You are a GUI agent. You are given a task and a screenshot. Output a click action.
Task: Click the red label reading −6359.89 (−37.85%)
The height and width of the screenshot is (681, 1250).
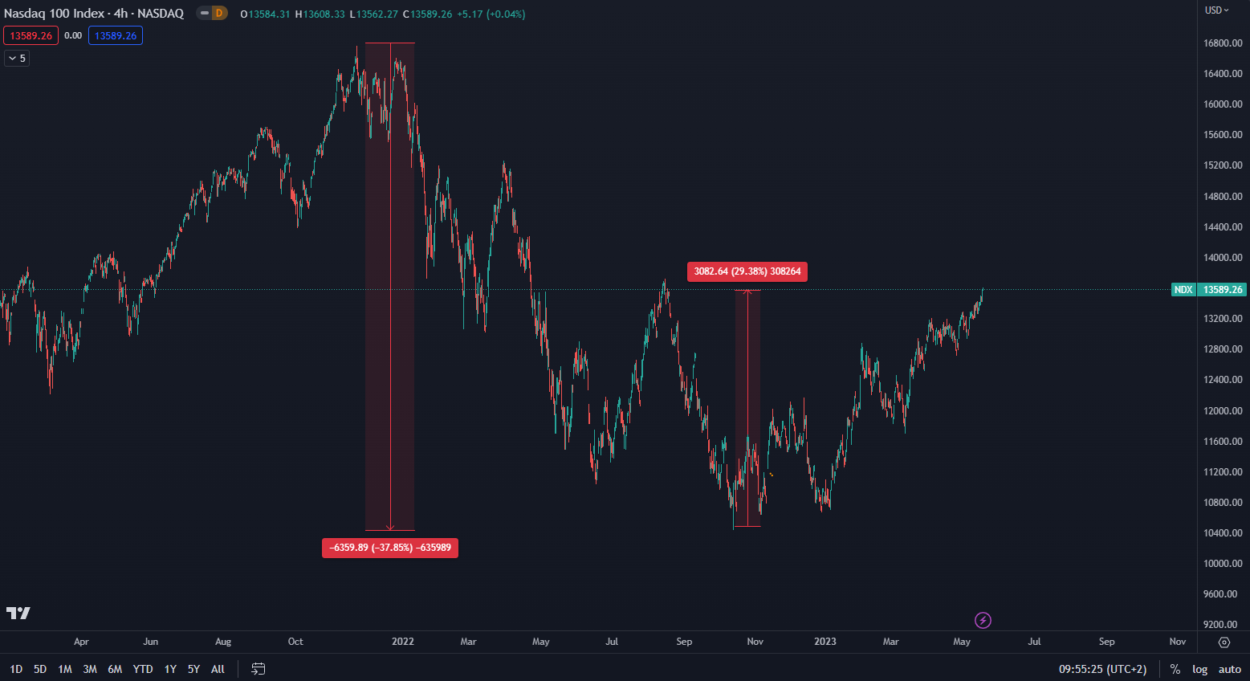[x=389, y=548]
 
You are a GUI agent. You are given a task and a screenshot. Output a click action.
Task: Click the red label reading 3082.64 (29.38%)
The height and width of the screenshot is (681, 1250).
[x=747, y=271]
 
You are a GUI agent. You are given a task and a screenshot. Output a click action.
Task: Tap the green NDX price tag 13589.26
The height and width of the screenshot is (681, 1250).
[x=1207, y=290]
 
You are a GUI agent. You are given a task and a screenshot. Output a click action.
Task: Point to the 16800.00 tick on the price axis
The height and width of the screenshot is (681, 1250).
[x=1223, y=43]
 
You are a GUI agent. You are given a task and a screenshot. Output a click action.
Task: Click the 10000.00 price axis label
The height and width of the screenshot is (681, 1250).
[x=1223, y=564]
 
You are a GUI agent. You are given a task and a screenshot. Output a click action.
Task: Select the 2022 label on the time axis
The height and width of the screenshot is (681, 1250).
[x=402, y=642]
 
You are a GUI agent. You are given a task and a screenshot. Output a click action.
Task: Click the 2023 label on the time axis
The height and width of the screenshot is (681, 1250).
[x=825, y=642]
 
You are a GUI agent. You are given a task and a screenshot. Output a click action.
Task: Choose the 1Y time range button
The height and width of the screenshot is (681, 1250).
[x=170, y=669]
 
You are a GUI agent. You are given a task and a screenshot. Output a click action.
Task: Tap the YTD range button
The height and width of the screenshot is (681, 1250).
[x=143, y=669]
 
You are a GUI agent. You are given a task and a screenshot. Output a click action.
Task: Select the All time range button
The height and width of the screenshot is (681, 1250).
[x=218, y=669]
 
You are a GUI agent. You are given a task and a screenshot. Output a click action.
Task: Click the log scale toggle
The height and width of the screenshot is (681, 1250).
[x=1199, y=669]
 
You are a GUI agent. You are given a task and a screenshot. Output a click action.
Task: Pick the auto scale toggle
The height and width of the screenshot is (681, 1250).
[x=1229, y=669]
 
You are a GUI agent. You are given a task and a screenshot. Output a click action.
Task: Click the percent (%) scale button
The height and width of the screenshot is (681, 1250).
[x=1175, y=669]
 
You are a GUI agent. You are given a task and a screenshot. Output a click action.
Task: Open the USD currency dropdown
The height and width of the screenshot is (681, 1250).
[x=1216, y=10]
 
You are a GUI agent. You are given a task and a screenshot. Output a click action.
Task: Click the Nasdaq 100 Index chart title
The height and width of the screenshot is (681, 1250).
[x=93, y=14]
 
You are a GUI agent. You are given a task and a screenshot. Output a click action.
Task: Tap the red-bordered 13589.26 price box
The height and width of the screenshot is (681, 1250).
[x=31, y=36]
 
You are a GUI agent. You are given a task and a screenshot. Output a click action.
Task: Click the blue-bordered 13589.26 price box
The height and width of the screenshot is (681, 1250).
[x=116, y=36]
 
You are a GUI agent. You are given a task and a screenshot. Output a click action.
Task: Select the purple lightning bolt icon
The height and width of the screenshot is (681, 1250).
[x=983, y=620]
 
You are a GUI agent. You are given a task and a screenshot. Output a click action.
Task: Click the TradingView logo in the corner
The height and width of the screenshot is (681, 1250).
[x=18, y=614]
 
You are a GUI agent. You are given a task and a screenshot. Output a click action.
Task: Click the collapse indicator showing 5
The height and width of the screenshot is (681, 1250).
[x=17, y=59]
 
